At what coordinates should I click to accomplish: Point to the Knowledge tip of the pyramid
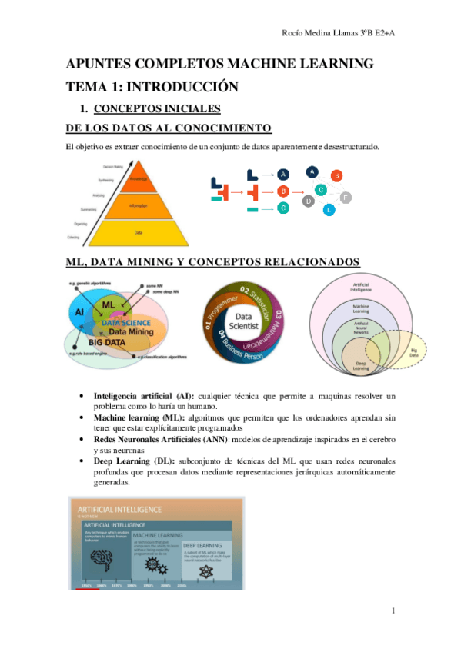138,178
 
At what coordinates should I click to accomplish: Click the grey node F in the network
346,198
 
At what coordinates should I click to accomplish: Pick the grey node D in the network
308,201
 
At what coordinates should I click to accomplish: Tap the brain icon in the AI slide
103,563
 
